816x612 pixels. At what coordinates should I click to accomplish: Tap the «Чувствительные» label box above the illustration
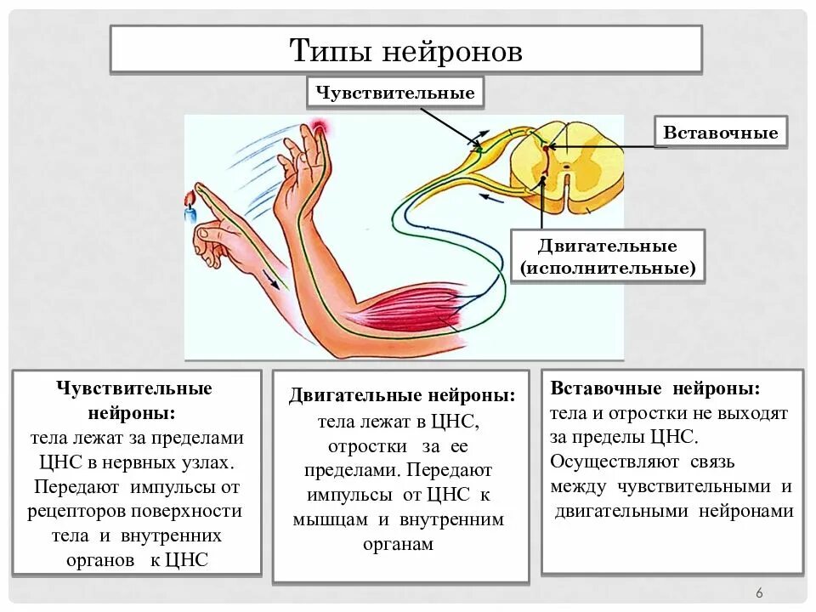pos(395,93)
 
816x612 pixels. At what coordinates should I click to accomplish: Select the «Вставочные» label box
pos(720,133)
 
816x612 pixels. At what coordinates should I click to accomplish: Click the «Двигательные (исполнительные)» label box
pos(608,257)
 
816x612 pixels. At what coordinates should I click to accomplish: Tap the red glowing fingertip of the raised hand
pos(319,128)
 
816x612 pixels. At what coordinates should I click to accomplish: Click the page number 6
pos(759,592)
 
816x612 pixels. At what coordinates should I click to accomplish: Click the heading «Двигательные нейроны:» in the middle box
pos(402,396)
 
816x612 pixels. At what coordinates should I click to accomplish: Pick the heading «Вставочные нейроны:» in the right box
pos(655,388)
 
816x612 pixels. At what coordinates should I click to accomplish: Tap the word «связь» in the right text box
pos(711,462)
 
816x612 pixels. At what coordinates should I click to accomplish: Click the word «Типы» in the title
pos(330,51)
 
